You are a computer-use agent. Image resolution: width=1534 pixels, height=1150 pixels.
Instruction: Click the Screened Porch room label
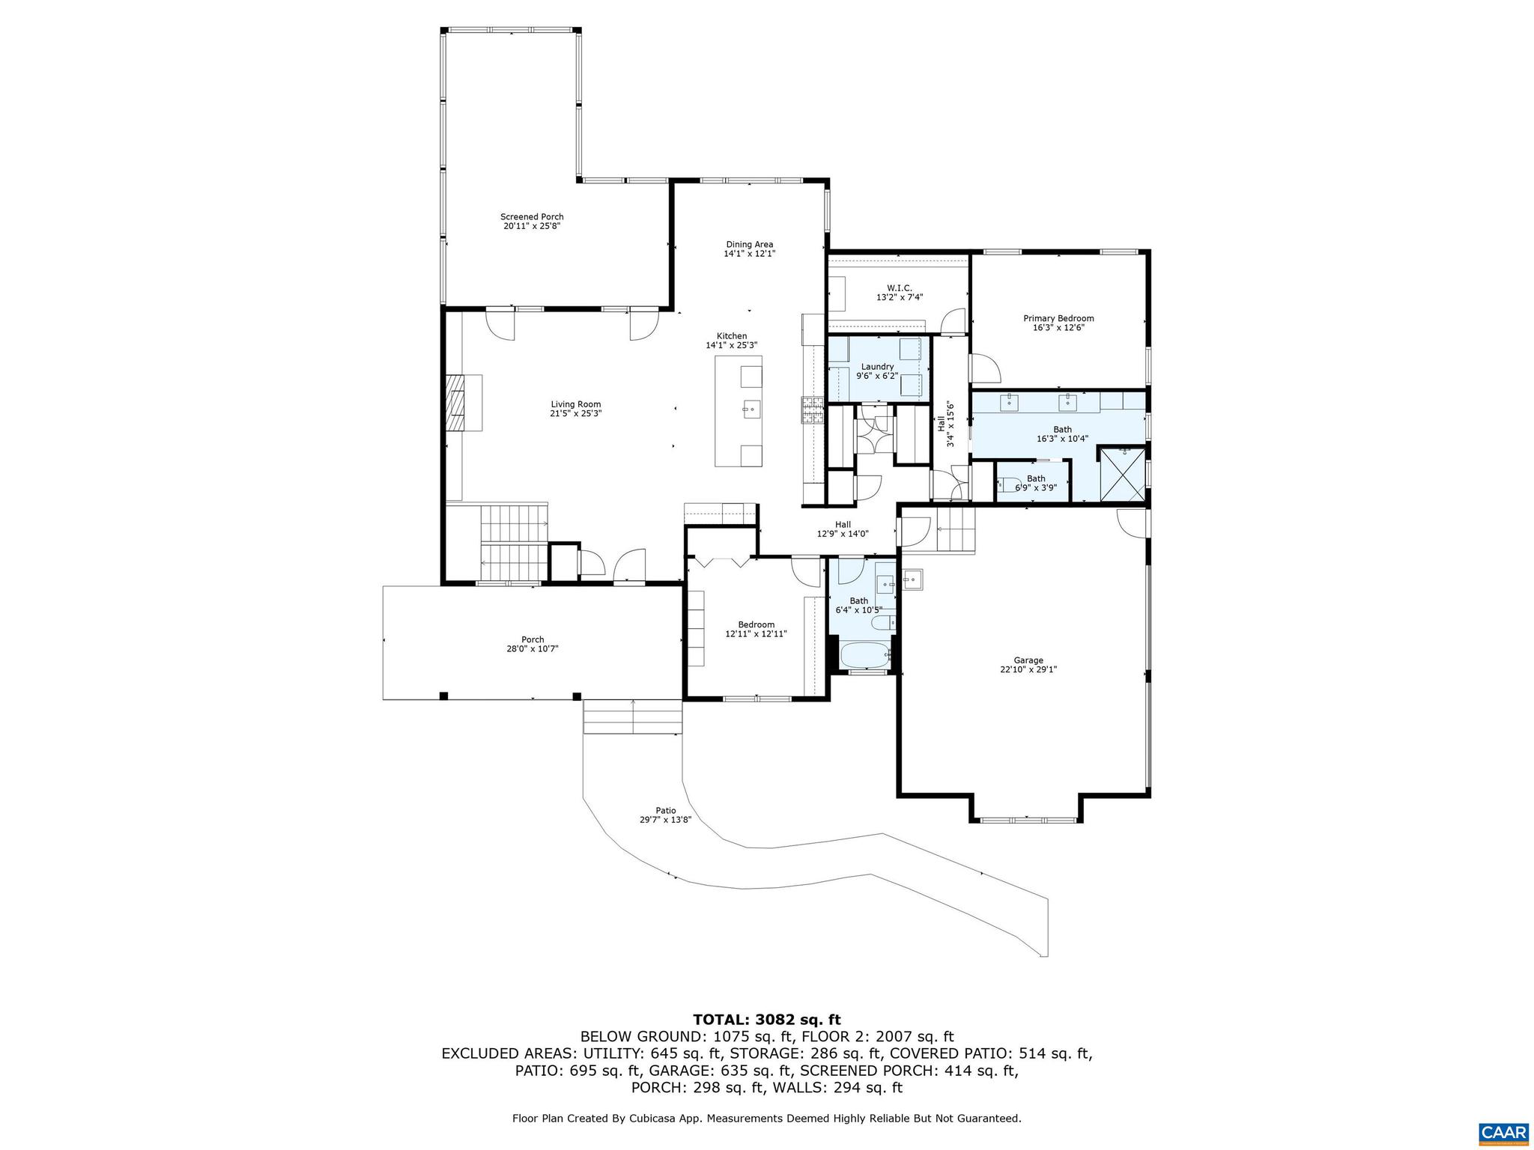(x=532, y=217)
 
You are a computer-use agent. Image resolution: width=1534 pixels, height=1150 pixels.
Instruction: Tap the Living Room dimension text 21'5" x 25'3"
(x=576, y=413)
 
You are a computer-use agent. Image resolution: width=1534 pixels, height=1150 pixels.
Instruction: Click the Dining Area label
(x=749, y=245)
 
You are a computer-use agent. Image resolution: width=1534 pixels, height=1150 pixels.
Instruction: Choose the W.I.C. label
(x=899, y=287)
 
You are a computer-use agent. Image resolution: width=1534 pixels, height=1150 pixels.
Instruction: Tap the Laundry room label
(x=877, y=367)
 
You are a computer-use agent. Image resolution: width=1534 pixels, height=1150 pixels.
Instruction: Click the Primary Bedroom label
(x=1058, y=318)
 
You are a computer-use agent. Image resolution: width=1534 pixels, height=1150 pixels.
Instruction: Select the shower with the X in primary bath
(x=1122, y=473)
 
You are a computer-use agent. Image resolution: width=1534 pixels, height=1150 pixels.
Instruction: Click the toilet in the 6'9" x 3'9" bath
(x=1007, y=484)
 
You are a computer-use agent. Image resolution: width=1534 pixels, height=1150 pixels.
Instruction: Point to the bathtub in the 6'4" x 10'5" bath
(x=865, y=655)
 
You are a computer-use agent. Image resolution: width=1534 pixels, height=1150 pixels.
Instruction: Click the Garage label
(x=1028, y=660)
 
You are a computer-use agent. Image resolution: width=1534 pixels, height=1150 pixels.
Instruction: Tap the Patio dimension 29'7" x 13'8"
(x=665, y=820)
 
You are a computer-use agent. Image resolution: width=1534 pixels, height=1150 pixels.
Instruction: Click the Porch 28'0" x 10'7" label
(x=533, y=644)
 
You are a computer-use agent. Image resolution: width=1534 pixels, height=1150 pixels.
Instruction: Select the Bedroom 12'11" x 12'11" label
(x=756, y=624)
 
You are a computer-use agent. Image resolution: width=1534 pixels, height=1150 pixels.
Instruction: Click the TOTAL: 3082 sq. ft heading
(x=766, y=1020)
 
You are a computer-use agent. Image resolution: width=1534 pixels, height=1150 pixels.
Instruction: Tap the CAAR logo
(x=1503, y=1132)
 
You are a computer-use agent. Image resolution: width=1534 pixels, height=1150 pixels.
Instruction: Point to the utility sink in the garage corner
(x=912, y=579)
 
